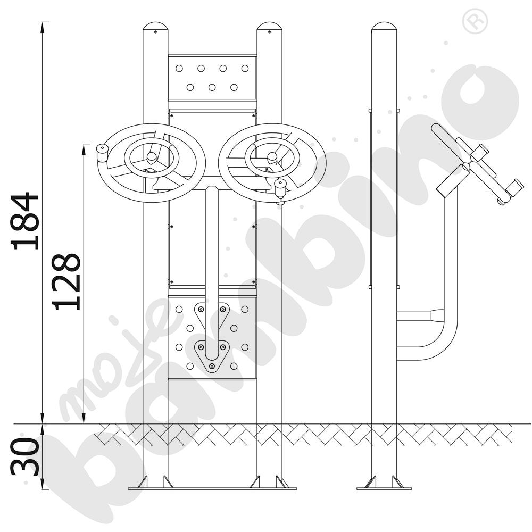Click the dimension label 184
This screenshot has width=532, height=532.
click(25, 221)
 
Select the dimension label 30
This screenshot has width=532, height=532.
click(25, 456)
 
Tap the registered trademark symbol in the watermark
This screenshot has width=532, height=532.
click(475, 21)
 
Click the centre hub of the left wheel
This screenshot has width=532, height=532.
click(151, 157)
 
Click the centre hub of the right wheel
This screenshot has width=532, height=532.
click(272, 157)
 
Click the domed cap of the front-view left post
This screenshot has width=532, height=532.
click(155, 27)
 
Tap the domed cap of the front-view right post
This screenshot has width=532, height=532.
click(269, 27)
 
